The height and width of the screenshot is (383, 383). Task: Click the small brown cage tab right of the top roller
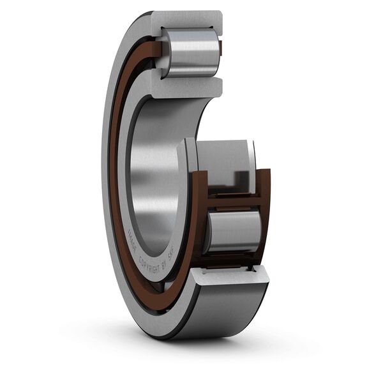[220, 47]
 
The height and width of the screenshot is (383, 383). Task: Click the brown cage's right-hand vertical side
[264, 211]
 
